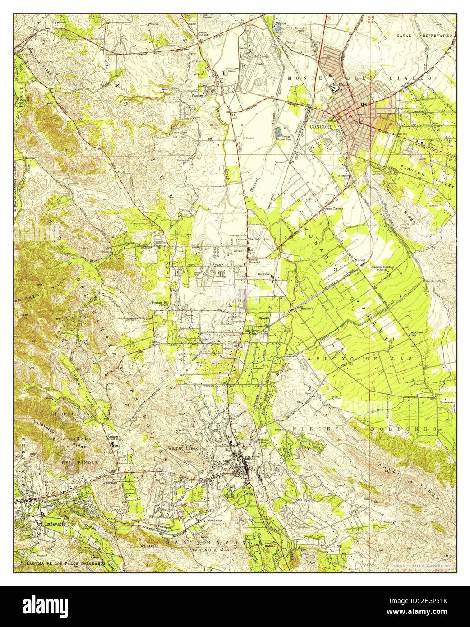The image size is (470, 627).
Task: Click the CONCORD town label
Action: (321, 127)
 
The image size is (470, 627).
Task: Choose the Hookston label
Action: (264, 274)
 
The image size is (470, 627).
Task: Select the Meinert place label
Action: (359, 260)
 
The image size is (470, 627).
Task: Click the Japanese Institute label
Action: (382, 267)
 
